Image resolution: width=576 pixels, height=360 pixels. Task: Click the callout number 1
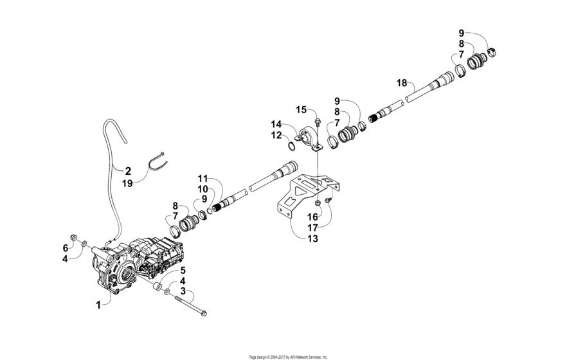pos(98,305)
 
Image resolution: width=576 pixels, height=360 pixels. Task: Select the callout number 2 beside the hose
pos(128,171)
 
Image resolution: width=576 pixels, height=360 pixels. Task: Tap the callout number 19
pos(128,183)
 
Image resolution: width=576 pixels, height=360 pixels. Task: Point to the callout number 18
pos(402,83)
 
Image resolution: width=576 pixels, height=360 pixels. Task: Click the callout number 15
pos(301,110)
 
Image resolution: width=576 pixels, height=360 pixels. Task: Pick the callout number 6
pos(65,248)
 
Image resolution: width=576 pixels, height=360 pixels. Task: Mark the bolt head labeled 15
pos(318,120)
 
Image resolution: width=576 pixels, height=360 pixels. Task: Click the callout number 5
pos(182,271)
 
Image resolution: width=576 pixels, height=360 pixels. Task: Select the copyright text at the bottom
pos(288,356)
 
